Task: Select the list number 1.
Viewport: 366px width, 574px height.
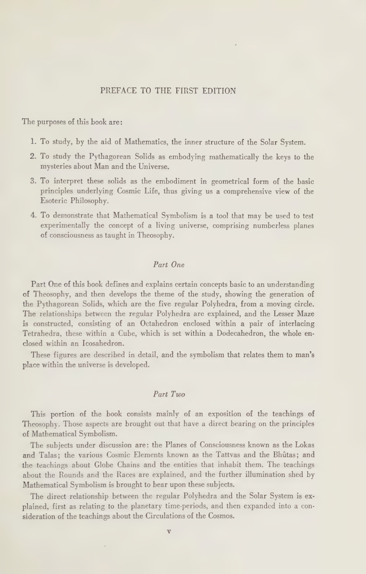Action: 32,142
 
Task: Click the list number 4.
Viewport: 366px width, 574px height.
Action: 32,216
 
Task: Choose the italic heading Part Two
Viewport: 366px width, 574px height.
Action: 168,394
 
